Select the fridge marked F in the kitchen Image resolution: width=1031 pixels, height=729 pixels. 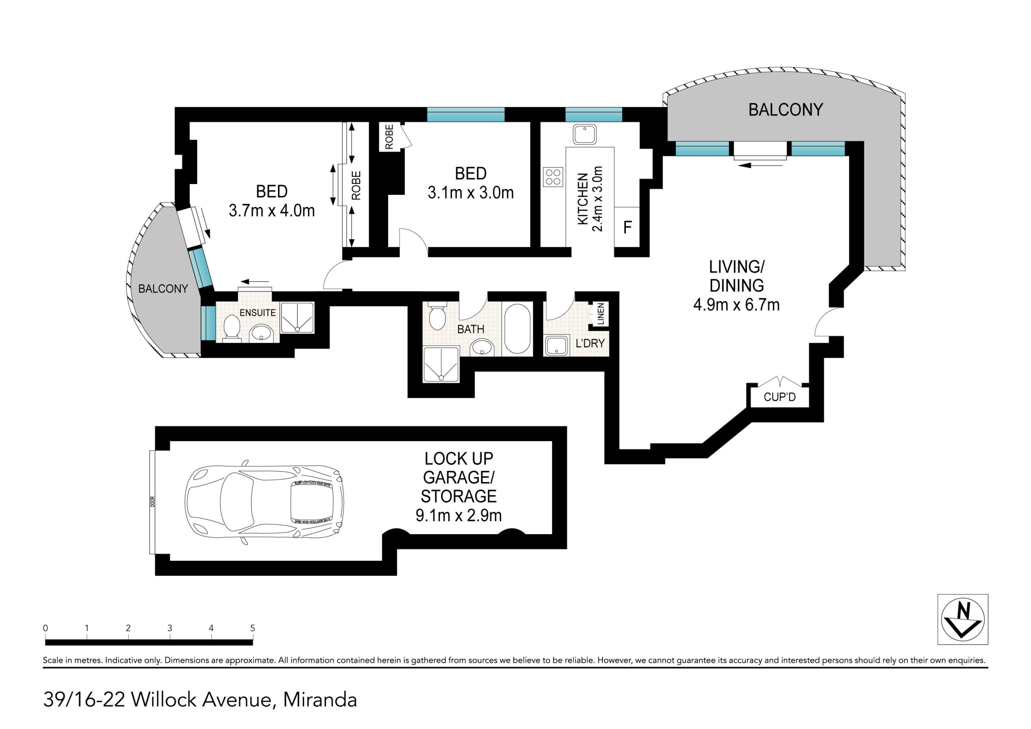pos(627,227)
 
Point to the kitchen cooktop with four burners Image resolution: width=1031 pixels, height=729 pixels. pos(553,176)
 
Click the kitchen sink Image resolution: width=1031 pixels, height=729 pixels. pos(584,134)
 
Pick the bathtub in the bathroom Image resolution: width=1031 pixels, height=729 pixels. pos(517,329)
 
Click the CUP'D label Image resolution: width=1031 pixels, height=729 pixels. pos(780,397)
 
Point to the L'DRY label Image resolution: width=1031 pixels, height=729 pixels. pos(590,343)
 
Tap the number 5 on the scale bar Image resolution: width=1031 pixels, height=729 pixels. pos(253,628)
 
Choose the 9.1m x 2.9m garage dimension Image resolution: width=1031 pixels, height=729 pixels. pos(458,515)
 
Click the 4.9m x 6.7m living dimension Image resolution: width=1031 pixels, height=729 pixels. pos(737,305)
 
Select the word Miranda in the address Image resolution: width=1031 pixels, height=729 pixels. pos(320,700)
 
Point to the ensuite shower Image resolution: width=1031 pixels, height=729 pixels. pos(297,317)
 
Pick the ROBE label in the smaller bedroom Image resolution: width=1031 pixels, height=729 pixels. pos(389,137)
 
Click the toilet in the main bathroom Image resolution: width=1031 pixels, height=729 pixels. pos(437,317)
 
